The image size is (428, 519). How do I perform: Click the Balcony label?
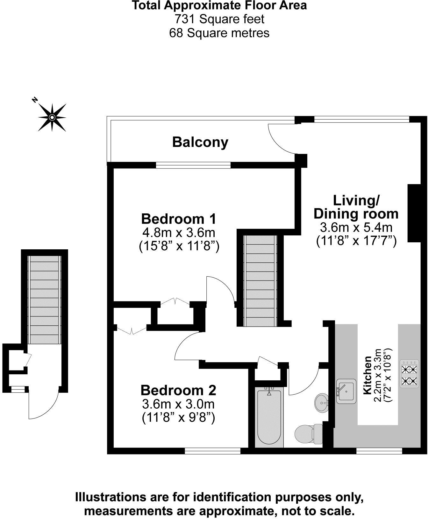(200, 142)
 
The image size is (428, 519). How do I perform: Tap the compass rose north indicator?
(52, 117)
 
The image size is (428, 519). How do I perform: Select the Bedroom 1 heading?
(179, 219)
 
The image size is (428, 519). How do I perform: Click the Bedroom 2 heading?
(178, 390)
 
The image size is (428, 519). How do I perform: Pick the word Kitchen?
(367, 375)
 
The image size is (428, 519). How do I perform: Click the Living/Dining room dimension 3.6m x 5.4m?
(356, 227)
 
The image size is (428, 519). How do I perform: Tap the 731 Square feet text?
(219, 19)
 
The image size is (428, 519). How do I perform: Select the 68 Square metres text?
(219, 33)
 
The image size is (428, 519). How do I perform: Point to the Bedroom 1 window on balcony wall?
(193, 165)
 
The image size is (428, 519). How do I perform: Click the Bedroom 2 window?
(213, 450)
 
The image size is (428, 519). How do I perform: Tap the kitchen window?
(379, 450)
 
